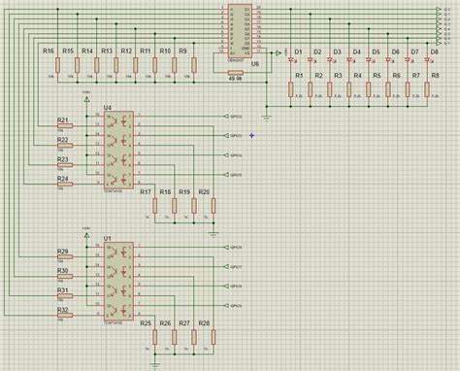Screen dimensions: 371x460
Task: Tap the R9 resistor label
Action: (x=184, y=50)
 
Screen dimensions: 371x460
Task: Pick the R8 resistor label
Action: (x=434, y=75)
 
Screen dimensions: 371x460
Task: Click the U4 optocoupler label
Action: (x=107, y=108)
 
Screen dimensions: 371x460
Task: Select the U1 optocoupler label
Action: (x=107, y=238)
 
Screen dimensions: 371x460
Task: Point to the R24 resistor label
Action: (x=63, y=178)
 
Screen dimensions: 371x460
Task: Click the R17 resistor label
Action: (x=146, y=193)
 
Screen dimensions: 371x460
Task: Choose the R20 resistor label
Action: (x=204, y=193)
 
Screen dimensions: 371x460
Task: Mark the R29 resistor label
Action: (x=63, y=252)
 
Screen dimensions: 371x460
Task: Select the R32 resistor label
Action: (x=63, y=310)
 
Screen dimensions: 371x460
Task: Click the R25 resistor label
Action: (x=146, y=322)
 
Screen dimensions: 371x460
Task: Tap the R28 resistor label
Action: (x=204, y=322)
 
